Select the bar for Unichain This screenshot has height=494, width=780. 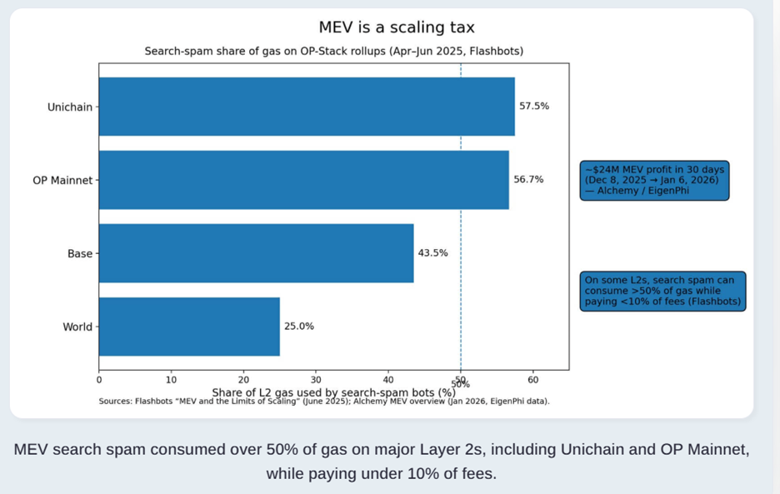tap(307, 107)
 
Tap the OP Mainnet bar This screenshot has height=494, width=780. tap(303, 180)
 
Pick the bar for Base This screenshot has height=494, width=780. tap(256, 253)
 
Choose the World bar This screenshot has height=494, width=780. tap(189, 327)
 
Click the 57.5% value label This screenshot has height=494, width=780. tap(534, 107)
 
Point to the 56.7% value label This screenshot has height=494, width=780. tap(528, 180)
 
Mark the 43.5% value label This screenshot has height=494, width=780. tap(432, 253)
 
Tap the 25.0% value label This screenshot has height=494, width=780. tap(299, 327)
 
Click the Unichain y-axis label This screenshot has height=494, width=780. tap(70, 107)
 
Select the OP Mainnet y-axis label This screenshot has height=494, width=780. tap(62, 180)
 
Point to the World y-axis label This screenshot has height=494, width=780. tap(77, 327)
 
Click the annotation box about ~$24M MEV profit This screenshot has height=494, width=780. tap(654, 180)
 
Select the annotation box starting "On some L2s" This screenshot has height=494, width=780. tap(662, 291)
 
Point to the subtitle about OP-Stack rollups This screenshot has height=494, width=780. tap(334, 52)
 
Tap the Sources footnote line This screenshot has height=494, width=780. tap(324, 401)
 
